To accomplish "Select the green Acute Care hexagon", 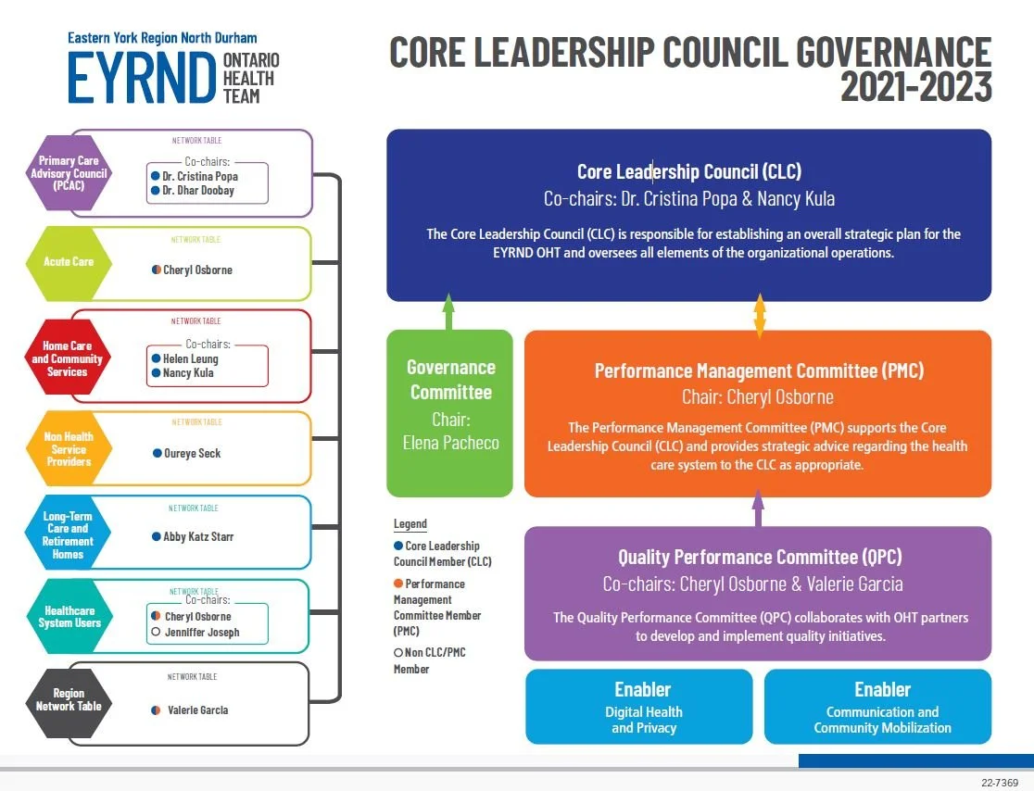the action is click(x=69, y=262).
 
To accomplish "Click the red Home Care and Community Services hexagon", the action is click(x=69, y=359).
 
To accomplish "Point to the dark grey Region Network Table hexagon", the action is click(x=69, y=699).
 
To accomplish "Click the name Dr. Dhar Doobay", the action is click(x=198, y=191).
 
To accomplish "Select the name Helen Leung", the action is click(x=191, y=358).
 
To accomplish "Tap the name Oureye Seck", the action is click(x=192, y=454).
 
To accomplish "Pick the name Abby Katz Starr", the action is click(x=198, y=536).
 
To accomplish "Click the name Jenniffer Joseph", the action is click(x=202, y=633).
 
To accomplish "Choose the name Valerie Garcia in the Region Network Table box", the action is click(x=197, y=710).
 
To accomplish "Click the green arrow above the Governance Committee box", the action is click(x=449, y=311).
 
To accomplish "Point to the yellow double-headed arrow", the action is click(x=760, y=315).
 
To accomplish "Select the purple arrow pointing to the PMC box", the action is click(x=758, y=508).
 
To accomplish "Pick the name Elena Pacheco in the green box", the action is click(x=450, y=443).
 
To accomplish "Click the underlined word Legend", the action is click(x=410, y=524).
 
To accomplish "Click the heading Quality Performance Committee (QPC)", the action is click(x=760, y=558).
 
